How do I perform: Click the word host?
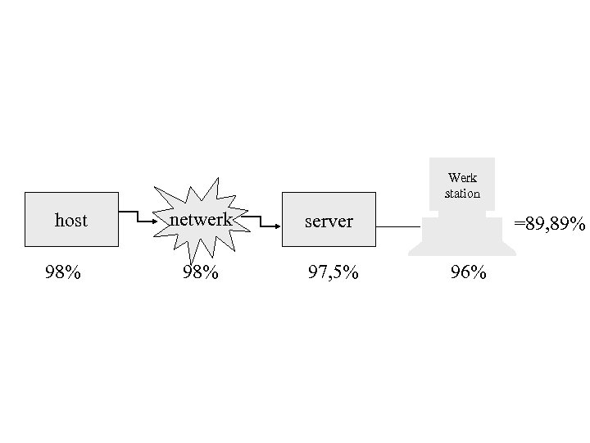coord(70,221)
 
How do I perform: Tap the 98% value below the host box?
coord(62,272)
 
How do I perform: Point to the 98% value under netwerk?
coord(200,272)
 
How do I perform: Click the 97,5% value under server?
coord(333,272)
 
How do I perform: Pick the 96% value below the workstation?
coord(468,272)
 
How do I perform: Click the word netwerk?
coord(201,220)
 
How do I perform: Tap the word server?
coord(329,221)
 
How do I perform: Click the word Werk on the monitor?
coord(462,178)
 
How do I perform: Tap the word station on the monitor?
coord(462,194)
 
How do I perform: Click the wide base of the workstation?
coord(462,238)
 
